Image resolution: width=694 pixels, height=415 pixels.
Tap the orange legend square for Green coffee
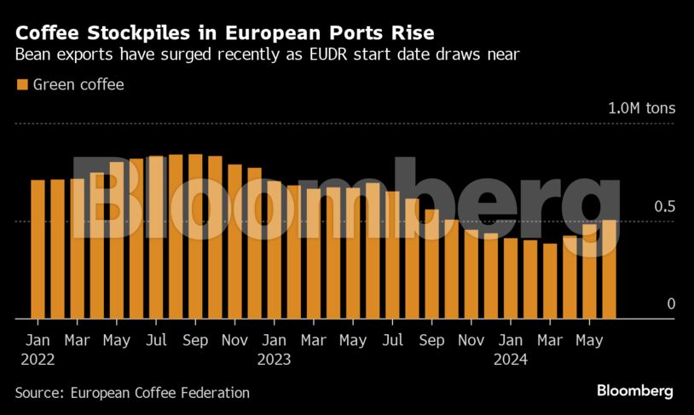21,84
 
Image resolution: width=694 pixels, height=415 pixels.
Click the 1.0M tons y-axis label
640,109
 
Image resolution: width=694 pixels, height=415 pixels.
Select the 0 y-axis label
670,304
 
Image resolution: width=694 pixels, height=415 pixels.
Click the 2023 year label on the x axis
274,360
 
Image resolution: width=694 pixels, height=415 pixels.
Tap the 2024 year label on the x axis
511,360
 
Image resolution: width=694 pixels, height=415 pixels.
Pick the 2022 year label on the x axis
38,360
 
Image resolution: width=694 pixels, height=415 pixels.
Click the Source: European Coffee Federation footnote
132,393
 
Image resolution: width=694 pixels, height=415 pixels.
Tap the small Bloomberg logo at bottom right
634,391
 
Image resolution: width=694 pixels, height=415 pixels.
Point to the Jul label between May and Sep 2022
156,340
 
